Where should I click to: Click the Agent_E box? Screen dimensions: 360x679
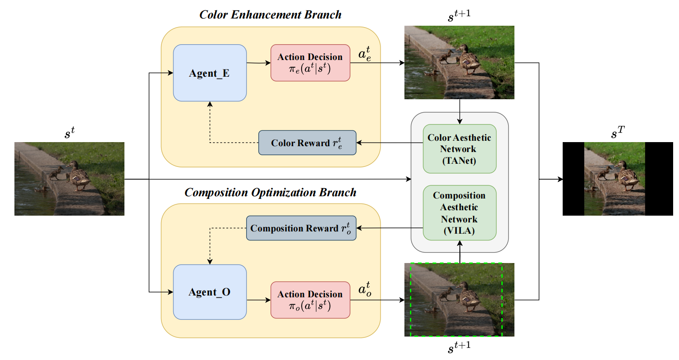(210, 73)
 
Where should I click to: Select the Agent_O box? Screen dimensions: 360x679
(210, 292)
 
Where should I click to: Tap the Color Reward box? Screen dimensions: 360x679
(307, 143)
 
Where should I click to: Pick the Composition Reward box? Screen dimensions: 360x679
(301, 228)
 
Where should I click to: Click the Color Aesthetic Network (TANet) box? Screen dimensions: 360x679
(459, 149)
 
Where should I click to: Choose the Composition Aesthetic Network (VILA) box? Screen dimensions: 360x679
(459, 213)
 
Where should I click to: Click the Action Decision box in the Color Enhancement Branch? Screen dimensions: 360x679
(310, 63)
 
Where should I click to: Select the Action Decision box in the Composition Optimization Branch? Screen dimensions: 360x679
(310, 300)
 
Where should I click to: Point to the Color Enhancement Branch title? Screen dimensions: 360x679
(271, 14)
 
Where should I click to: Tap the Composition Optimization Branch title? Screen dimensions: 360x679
(271, 193)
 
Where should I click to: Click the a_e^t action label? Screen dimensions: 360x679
(366, 55)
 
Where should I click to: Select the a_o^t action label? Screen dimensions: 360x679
(366, 291)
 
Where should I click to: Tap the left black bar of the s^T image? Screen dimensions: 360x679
(573, 179)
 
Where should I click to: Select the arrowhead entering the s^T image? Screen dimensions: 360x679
(560, 179)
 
